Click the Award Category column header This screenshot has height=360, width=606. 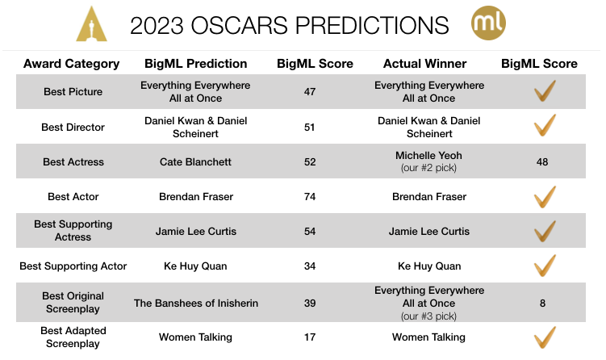72,64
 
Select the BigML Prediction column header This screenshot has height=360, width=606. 195,64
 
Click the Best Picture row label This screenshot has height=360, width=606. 73,92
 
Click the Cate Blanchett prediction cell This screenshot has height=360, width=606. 195,162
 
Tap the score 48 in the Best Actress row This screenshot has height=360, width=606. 542,162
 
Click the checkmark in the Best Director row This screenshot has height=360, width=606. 545,126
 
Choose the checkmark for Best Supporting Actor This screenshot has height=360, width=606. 545,265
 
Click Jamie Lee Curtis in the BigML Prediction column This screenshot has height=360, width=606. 195,232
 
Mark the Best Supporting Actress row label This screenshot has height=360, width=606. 73,231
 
